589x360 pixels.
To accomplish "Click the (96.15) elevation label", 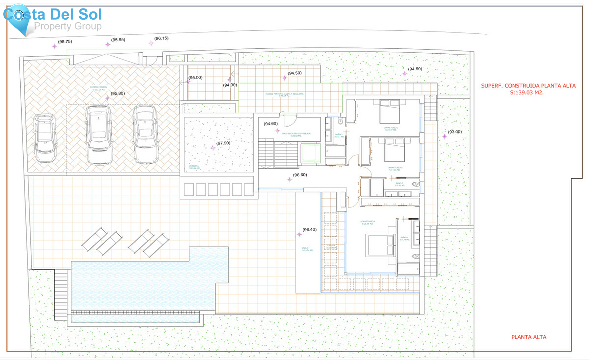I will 161,38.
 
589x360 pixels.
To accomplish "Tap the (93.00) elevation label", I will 455,132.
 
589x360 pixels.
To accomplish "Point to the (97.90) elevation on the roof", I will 223,143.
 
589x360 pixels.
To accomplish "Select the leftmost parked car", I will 45,138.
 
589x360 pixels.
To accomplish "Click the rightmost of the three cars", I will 146,135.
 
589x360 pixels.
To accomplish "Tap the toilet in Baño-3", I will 416,184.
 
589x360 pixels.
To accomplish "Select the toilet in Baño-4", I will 416,256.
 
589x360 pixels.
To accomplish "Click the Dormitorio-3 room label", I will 395,169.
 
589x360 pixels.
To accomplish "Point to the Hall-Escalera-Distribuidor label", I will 296,135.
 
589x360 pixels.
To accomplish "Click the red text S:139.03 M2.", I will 527,93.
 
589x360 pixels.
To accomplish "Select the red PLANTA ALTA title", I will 529,337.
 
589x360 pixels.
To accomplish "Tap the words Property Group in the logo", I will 68,26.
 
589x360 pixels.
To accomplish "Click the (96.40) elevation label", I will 310,229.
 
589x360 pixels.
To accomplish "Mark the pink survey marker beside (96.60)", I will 290,180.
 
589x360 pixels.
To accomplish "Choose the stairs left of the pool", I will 61,295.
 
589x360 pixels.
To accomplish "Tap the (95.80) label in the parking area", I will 117,93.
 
